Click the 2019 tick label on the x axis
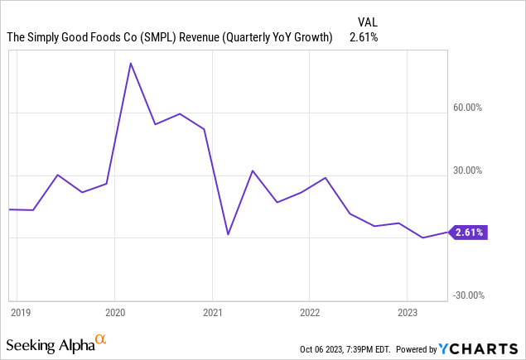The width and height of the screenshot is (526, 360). coord(20,312)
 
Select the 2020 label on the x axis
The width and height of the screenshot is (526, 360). coord(116,312)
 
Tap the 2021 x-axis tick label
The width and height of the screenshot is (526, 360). coord(213,312)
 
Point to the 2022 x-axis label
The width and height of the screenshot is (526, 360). coord(310,312)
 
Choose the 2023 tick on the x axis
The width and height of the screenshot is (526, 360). coord(407,312)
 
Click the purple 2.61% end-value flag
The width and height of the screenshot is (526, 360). coord(469,233)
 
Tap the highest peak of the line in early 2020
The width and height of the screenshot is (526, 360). coord(130,63)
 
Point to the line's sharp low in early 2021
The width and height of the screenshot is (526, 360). coord(229,234)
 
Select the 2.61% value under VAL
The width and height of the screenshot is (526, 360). coord(364,37)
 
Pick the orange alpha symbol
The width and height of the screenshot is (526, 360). coord(100,339)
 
